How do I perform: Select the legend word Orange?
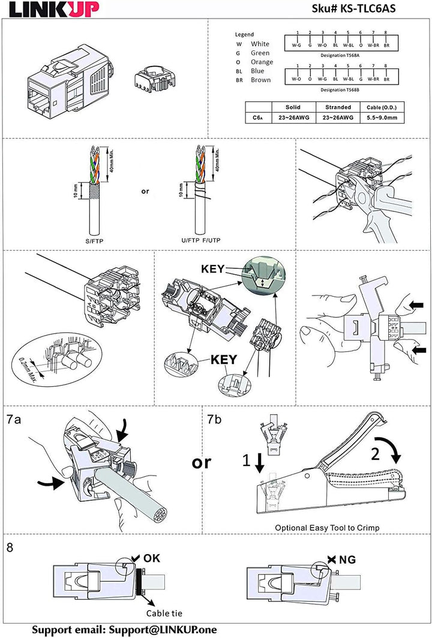pos(262,62)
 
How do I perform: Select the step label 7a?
pos(14,420)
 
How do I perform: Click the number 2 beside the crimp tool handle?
pos(376,454)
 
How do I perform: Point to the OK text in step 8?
pos(152,558)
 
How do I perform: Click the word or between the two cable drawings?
pos(144,192)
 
